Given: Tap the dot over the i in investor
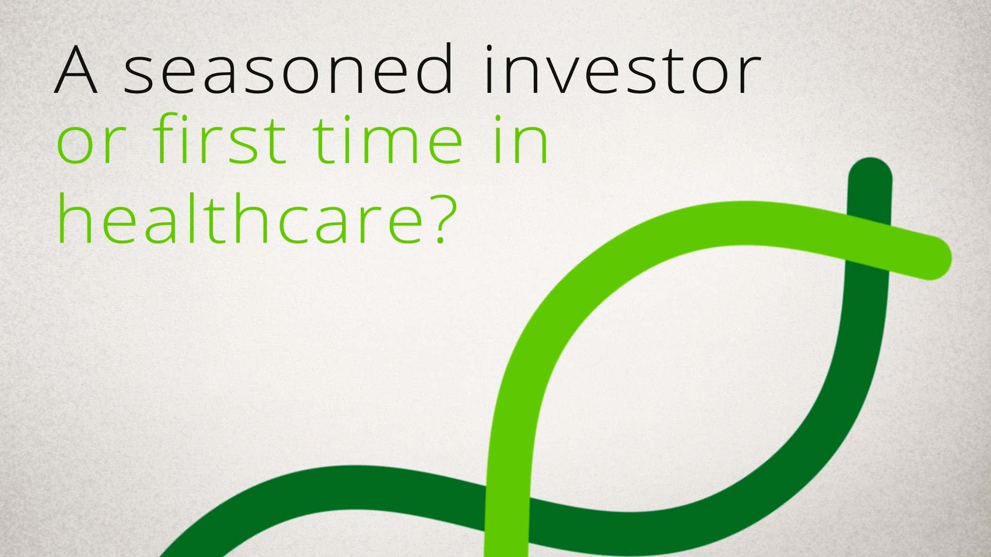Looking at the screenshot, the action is point(490,50).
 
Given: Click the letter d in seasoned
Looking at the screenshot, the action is point(432,69).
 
